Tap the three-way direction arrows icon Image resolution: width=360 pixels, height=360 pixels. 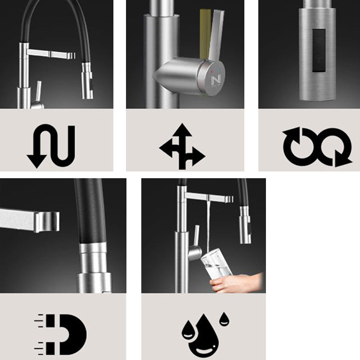pyautogui.click(x=182, y=146)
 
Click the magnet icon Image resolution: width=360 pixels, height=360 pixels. pyautogui.click(x=61, y=334)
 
